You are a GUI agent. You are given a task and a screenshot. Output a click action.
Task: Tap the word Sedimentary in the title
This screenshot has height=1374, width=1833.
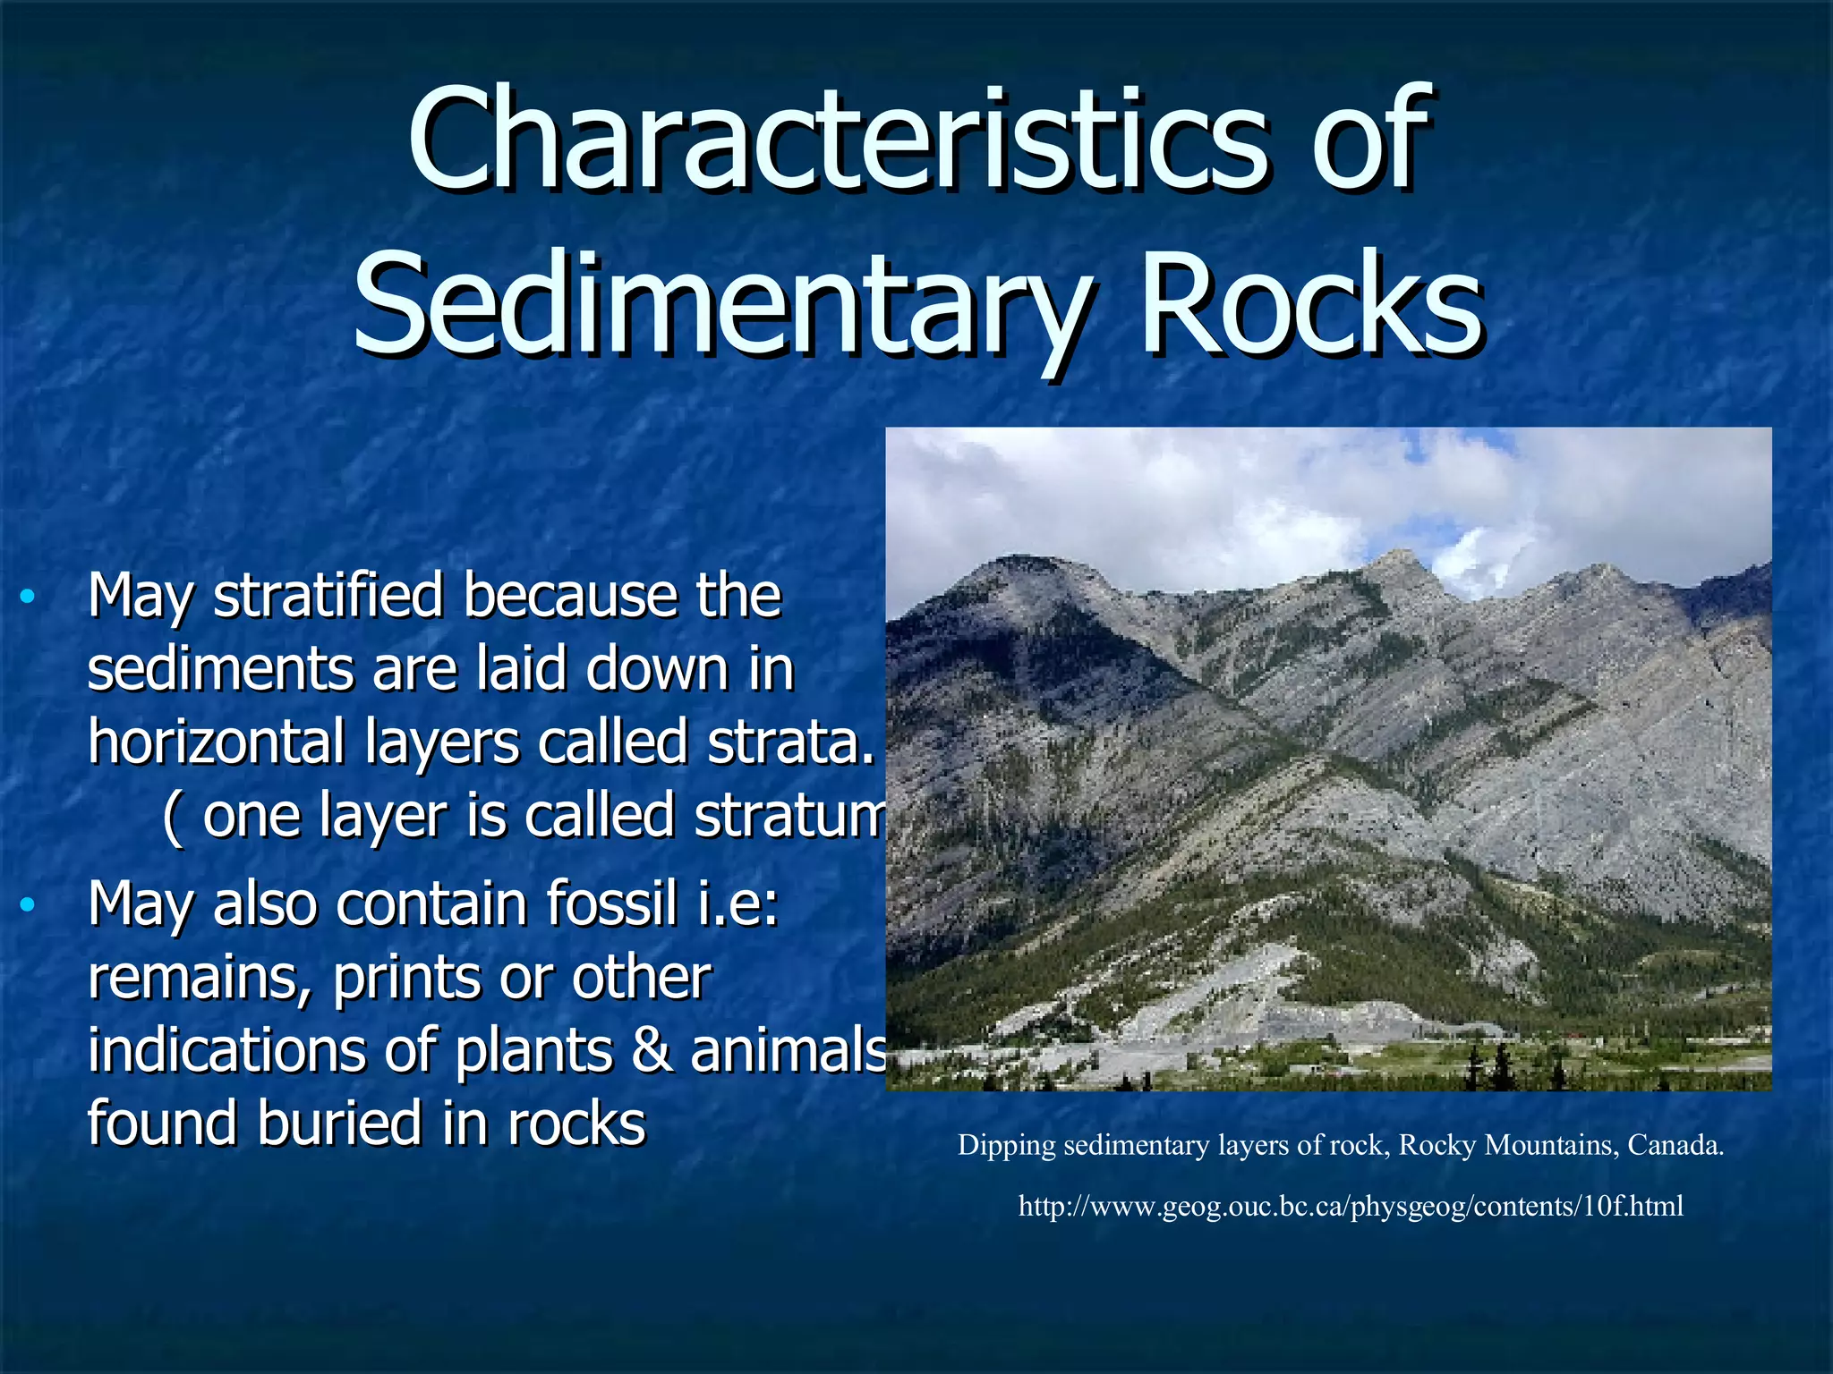click(723, 304)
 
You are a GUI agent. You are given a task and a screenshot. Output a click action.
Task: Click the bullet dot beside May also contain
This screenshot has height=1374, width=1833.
click(28, 905)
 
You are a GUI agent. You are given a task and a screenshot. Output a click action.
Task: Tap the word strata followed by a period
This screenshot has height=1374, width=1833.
click(788, 742)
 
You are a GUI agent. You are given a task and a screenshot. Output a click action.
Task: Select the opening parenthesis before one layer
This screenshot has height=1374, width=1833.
click(174, 818)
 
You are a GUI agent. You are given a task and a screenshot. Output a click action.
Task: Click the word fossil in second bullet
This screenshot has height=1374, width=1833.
click(611, 903)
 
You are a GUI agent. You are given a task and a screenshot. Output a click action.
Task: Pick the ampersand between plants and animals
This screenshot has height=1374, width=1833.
click(652, 1051)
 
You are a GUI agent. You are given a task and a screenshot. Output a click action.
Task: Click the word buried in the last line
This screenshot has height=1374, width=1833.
click(340, 1124)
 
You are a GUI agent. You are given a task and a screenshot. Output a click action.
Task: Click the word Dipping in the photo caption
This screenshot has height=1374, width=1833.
click(1007, 1146)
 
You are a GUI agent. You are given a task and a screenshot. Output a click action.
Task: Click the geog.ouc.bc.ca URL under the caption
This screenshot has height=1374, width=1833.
click(1351, 1207)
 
